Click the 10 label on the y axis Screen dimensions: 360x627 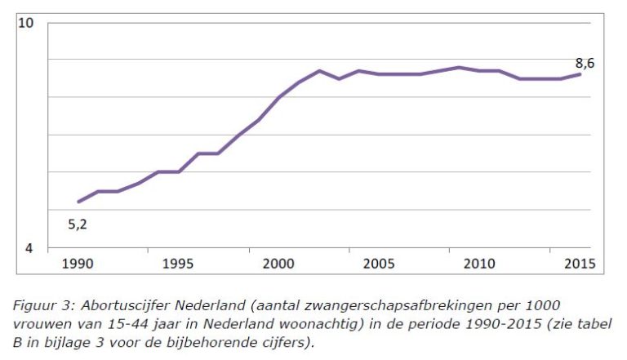point(26,23)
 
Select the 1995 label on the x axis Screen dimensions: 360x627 point(179,264)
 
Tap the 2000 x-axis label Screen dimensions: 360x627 point(279,264)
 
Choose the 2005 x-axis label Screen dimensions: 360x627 point(380,264)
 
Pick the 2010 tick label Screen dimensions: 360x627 point(480,264)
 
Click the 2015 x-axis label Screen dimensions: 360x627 point(579,264)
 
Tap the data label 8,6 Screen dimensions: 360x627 point(585,62)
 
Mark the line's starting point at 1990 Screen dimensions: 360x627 point(79,202)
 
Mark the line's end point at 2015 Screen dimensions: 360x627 point(580,74)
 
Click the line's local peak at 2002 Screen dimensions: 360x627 point(319,71)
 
